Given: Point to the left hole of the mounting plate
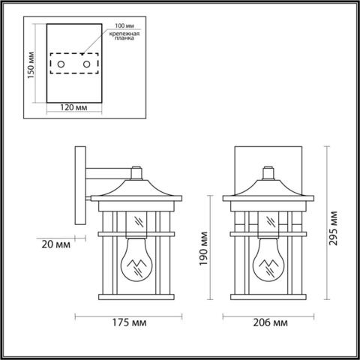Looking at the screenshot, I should coord(61,65).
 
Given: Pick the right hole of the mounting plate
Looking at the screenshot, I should coord(88,65).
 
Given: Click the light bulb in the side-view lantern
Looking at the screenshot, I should coord(136,262).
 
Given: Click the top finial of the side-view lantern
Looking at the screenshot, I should coord(136,172).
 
